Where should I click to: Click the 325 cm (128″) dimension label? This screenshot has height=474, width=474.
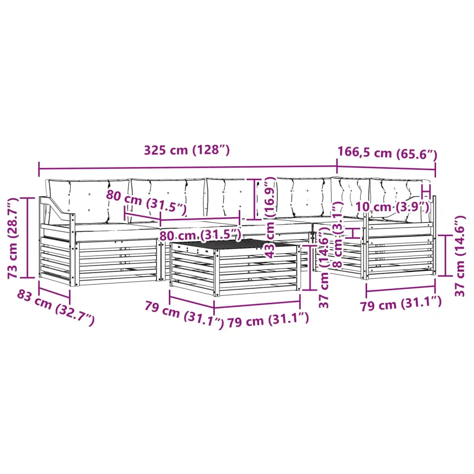pyautogui.click(x=187, y=150)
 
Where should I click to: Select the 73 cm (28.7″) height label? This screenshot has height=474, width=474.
pyautogui.click(x=12, y=238)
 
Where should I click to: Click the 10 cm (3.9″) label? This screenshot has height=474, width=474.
pyautogui.click(x=392, y=207)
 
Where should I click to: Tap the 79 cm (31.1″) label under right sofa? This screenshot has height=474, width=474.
pyautogui.click(x=401, y=303)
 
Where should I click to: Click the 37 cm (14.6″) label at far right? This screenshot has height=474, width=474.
pyautogui.click(x=460, y=256)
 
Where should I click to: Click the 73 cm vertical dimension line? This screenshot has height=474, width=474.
pyautogui.click(x=27, y=237)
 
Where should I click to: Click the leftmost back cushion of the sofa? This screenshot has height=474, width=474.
pyautogui.click(x=87, y=201)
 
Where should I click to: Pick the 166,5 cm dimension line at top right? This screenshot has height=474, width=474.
pyautogui.click(x=386, y=168)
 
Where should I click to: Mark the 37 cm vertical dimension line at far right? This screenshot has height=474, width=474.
pyautogui.click(x=445, y=256)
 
